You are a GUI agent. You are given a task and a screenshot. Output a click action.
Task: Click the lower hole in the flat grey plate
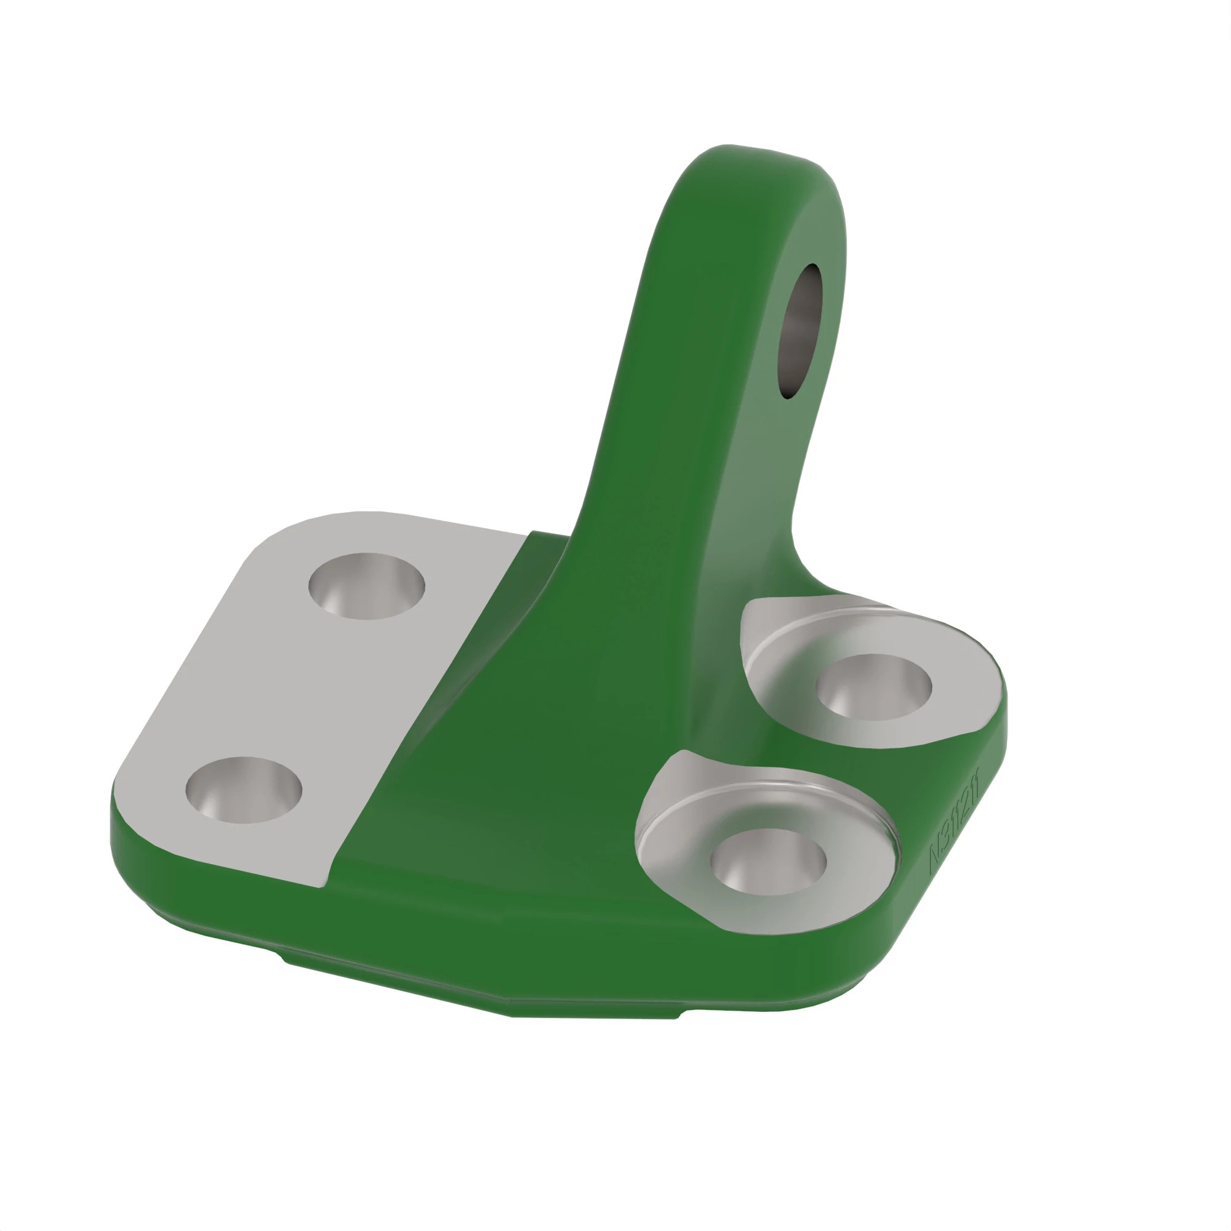pyautogui.click(x=243, y=790)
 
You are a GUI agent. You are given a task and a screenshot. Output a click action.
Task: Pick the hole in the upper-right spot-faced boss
pyautogui.click(x=873, y=687)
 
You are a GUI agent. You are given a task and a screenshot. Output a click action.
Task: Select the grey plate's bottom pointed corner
pyautogui.click(x=322, y=886)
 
